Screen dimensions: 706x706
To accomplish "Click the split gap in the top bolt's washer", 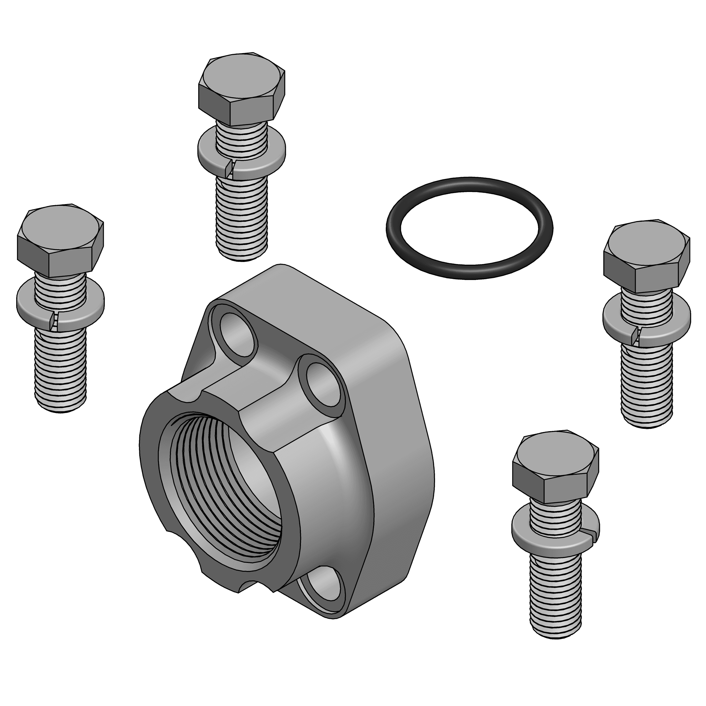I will pyautogui.click(x=230, y=168).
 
